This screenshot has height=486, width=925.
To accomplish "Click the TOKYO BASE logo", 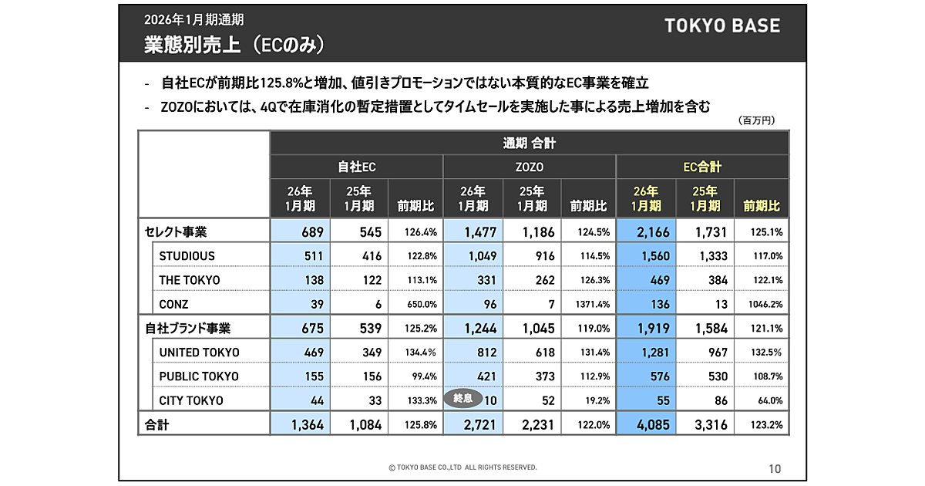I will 722,25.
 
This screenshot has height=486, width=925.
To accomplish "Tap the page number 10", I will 775,467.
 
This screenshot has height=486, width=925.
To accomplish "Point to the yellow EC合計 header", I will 701,167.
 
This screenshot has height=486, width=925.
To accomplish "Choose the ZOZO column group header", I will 529,167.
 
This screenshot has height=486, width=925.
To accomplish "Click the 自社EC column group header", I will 356,167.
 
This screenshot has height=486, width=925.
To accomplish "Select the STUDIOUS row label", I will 187,255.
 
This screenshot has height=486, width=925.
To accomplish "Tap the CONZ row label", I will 173,303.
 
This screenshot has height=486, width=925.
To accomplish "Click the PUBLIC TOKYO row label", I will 199,376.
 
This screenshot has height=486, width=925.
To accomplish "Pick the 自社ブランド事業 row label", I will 187,328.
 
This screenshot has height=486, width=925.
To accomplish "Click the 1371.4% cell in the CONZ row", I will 590,304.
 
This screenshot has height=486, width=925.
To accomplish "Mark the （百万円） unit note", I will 756,120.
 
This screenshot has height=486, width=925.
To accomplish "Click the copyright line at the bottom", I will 462,467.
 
